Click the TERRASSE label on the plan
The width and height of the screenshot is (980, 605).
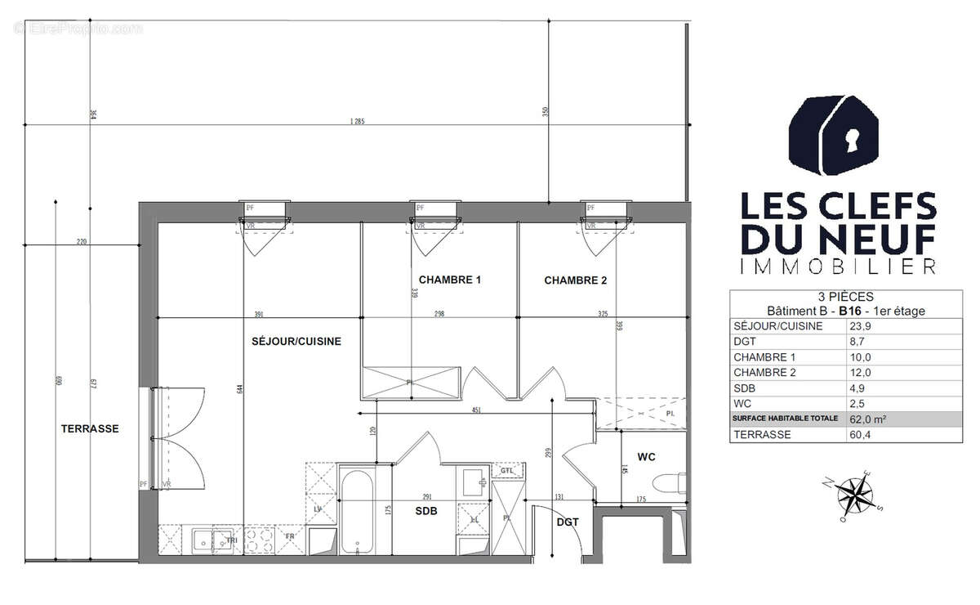point(90,428)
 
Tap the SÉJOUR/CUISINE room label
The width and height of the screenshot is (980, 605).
point(296,342)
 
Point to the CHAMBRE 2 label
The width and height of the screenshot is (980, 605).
point(575,280)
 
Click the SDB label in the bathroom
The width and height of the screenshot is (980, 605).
point(425,511)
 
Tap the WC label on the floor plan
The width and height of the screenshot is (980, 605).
point(646,457)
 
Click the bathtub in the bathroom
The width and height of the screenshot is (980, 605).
point(357,510)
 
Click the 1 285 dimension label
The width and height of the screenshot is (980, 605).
point(356,122)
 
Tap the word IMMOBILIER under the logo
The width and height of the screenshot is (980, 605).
point(837,267)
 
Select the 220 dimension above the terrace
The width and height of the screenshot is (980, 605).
point(82,241)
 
